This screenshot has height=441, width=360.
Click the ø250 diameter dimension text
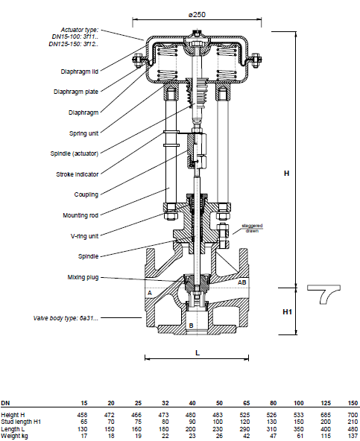coord(197,15)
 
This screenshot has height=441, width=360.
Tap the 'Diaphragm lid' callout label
coord(79,72)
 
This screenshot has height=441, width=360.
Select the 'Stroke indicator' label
coord(77,174)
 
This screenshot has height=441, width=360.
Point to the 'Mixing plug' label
coord(83,277)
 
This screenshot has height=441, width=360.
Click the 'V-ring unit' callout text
coord(84,236)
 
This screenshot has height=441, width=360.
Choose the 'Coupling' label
coord(86,194)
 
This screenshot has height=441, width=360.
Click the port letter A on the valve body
coord(150,293)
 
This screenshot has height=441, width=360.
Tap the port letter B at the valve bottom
coord(191,326)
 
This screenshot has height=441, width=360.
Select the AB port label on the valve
coord(242,282)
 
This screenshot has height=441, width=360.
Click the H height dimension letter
coord(286,174)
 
